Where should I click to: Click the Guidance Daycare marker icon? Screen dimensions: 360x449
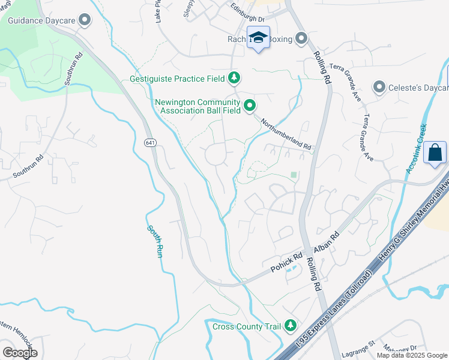(85, 20)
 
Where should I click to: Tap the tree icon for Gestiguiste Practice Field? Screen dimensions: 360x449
(234, 78)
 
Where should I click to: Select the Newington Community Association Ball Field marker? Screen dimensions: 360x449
(249, 106)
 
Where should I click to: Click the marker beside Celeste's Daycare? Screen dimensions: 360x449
(379, 88)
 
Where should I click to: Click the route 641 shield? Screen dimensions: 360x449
(149, 142)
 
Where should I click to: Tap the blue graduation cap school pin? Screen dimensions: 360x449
(259, 38)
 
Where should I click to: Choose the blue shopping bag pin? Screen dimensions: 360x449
(435, 152)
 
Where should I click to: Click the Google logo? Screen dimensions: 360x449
(20, 352)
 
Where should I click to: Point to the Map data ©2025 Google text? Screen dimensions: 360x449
(412, 355)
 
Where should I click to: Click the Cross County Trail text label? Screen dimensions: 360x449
(247, 326)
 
